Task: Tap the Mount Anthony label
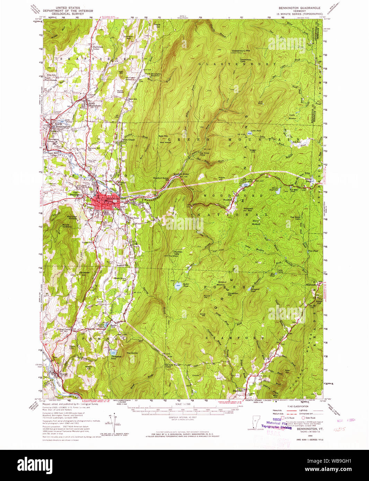point(66,226)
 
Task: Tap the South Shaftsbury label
point(94,105)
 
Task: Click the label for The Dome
point(132,353)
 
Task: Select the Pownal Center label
point(64,329)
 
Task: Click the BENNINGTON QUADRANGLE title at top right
point(299,8)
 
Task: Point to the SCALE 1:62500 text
point(183,404)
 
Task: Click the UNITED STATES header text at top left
point(68,8)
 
